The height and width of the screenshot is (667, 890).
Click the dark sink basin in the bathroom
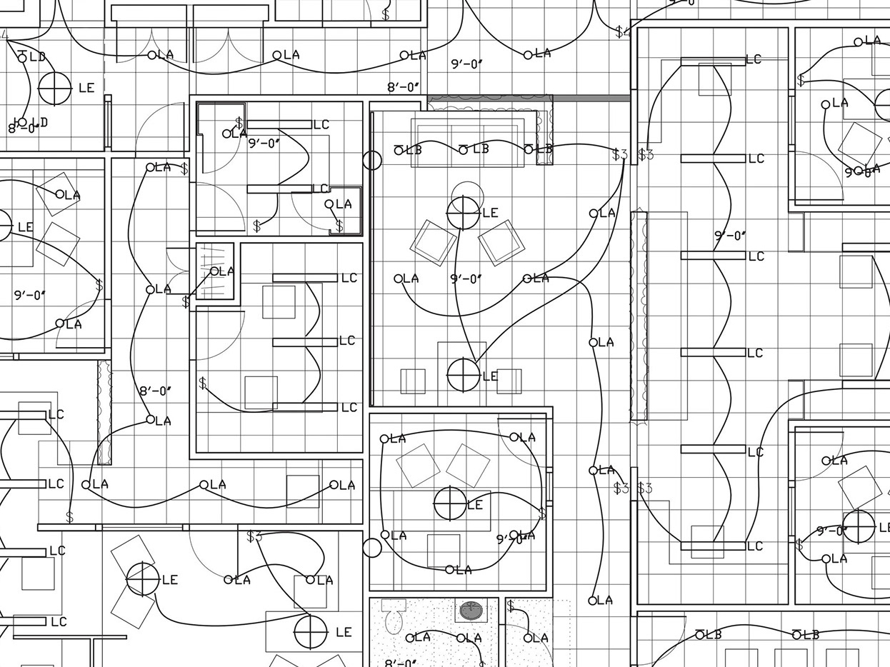(471, 611)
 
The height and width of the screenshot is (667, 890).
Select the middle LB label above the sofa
(481, 149)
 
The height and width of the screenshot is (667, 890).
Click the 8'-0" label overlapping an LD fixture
(21, 128)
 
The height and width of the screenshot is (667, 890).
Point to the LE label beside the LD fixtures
(86, 88)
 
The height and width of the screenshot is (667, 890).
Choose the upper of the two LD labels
(37, 56)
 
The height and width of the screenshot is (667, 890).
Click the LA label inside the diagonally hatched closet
(226, 271)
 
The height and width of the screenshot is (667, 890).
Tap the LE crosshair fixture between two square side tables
(463, 374)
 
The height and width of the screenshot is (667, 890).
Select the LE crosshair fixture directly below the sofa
(463, 212)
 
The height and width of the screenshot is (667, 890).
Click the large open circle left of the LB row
(372, 160)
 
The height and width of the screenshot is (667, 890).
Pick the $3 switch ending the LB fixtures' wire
(619, 154)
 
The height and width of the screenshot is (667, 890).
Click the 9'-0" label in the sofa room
(467, 279)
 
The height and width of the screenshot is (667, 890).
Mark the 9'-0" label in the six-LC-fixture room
(729, 235)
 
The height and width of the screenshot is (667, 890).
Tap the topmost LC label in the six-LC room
(754, 59)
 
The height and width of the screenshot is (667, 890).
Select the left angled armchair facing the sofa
(434, 241)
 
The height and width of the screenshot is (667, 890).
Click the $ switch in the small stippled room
(511, 606)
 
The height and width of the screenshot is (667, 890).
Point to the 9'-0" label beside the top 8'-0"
(467, 64)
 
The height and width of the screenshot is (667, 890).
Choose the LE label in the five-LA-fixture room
(475, 505)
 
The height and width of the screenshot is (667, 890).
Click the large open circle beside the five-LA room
(372, 548)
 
